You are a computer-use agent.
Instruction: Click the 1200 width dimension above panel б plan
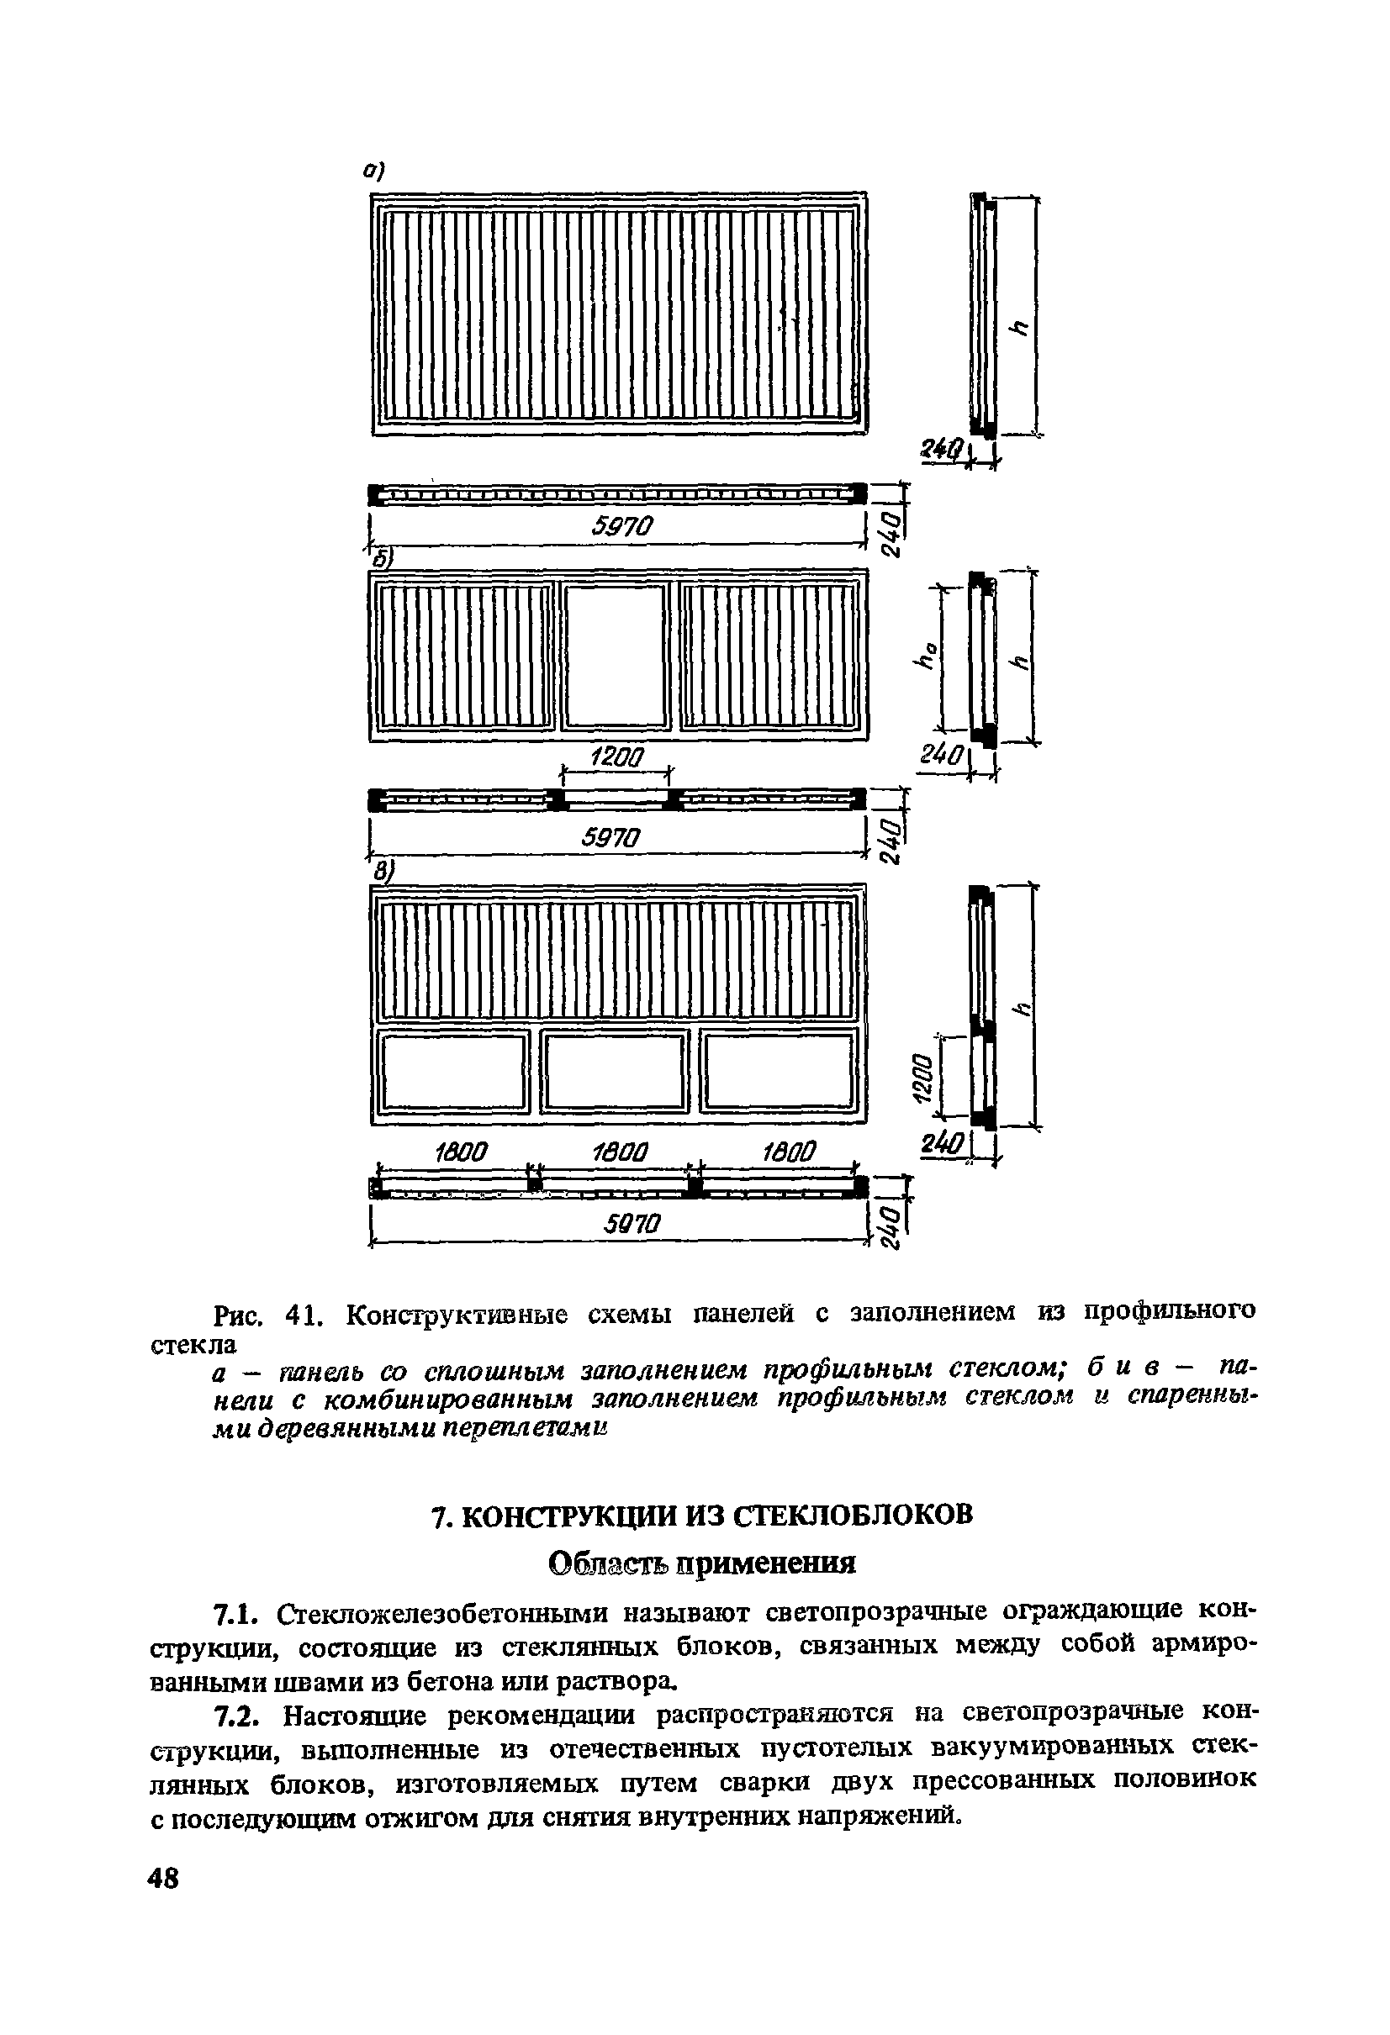pyautogui.click(x=616, y=757)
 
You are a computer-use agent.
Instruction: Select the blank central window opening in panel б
pyautogui.click(x=615, y=655)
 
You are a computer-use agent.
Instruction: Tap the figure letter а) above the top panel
pyautogui.click(x=374, y=171)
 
